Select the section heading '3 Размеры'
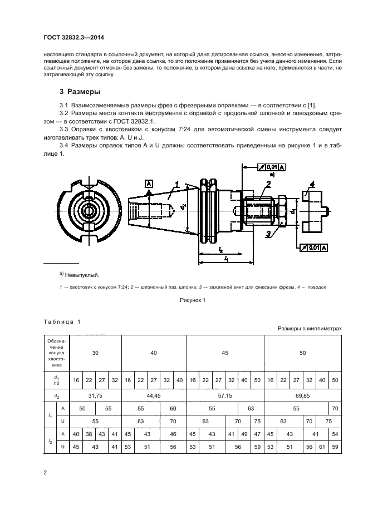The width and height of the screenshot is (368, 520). click(80, 91)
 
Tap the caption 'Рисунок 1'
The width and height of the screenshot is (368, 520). click(193, 300)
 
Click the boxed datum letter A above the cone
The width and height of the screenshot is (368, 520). click(148, 183)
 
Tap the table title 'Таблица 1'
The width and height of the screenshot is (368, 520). click(62, 322)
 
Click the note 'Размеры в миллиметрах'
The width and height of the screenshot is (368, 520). click(309, 329)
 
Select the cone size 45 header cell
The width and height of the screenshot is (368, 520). click(224, 353)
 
